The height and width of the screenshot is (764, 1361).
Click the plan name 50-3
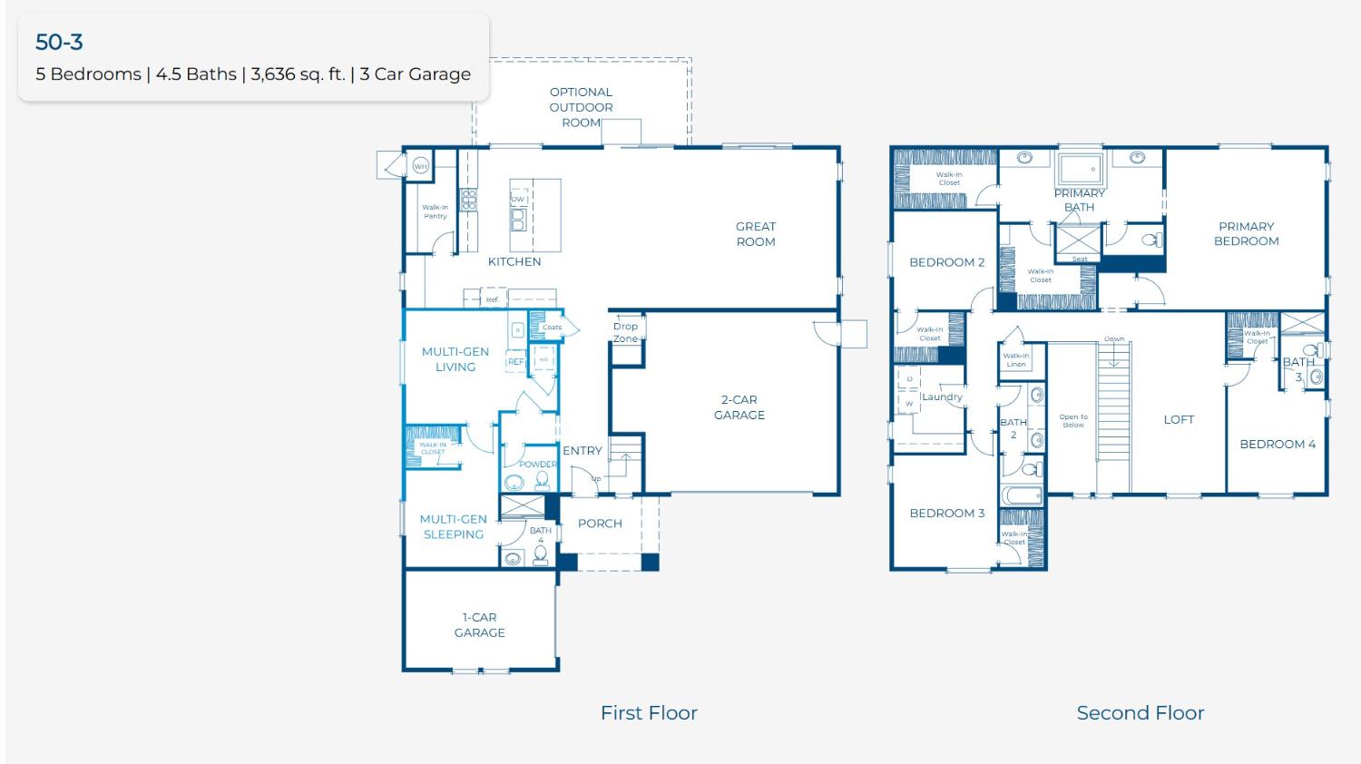59,42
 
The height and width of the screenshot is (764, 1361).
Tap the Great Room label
755,234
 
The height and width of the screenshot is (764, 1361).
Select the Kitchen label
514,261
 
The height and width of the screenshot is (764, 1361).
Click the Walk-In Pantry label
435,211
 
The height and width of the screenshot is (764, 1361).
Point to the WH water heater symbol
420,166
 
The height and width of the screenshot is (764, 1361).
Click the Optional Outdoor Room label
581,107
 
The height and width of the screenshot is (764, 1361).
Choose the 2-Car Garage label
739,407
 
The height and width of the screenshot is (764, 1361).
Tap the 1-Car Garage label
479,625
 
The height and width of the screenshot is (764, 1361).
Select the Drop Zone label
625,332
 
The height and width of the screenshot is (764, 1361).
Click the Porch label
600,524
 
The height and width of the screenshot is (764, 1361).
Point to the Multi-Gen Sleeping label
453,527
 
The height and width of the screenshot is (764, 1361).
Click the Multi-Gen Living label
455,359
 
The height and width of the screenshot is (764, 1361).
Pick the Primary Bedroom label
1246,234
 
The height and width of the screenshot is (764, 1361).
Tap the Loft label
1179,419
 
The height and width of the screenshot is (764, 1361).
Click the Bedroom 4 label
1278,444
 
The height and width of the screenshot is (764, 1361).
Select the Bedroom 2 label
946,262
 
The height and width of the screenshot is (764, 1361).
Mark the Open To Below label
1072,421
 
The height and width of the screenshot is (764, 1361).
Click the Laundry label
942,397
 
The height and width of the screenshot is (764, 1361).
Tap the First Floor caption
649,713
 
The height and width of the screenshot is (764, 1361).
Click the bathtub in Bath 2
1022,496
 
